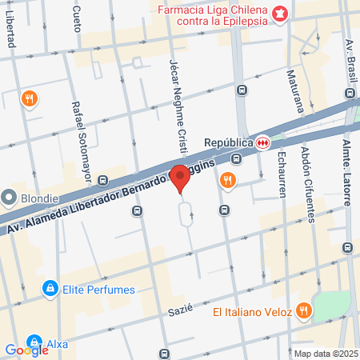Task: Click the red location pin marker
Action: pyautogui.click(x=181, y=178)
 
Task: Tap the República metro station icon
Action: pyautogui.click(x=262, y=142)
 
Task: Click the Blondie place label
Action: pyautogui.click(x=39, y=198)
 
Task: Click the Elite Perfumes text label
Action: pyautogui.click(x=99, y=289)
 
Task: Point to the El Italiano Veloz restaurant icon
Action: pyautogui.click(x=303, y=310)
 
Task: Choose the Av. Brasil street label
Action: pyautogui.click(x=349, y=60)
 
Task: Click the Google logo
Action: pyautogui.click(x=27, y=350)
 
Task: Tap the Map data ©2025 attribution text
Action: pyautogui.click(x=325, y=354)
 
